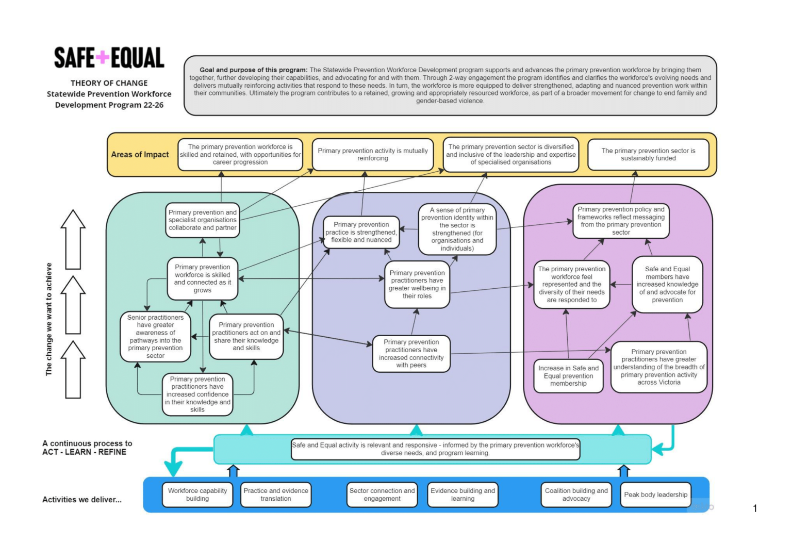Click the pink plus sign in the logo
(x=103, y=57)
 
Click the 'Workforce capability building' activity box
(x=197, y=495)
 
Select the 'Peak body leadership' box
(x=655, y=495)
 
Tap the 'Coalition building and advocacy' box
(x=576, y=495)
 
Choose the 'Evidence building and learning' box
(x=463, y=495)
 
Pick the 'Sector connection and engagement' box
(x=382, y=495)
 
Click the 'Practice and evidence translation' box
(x=276, y=495)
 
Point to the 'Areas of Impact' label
(x=140, y=155)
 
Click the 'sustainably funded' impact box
(x=648, y=154)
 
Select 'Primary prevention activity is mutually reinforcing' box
(x=372, y=154)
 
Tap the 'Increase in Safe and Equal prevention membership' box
(x=568, y=376)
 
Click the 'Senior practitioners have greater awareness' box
(x=155, y=337)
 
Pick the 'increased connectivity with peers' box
(x=411, y=354)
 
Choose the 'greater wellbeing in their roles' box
(x=417, y=285)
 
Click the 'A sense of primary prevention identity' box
(x=457, y=229)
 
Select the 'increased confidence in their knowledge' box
(x=197, y=394)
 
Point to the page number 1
(x=755, y=508)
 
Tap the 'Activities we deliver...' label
(x=82, y=500)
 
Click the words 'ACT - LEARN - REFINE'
(x=84, y=452)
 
